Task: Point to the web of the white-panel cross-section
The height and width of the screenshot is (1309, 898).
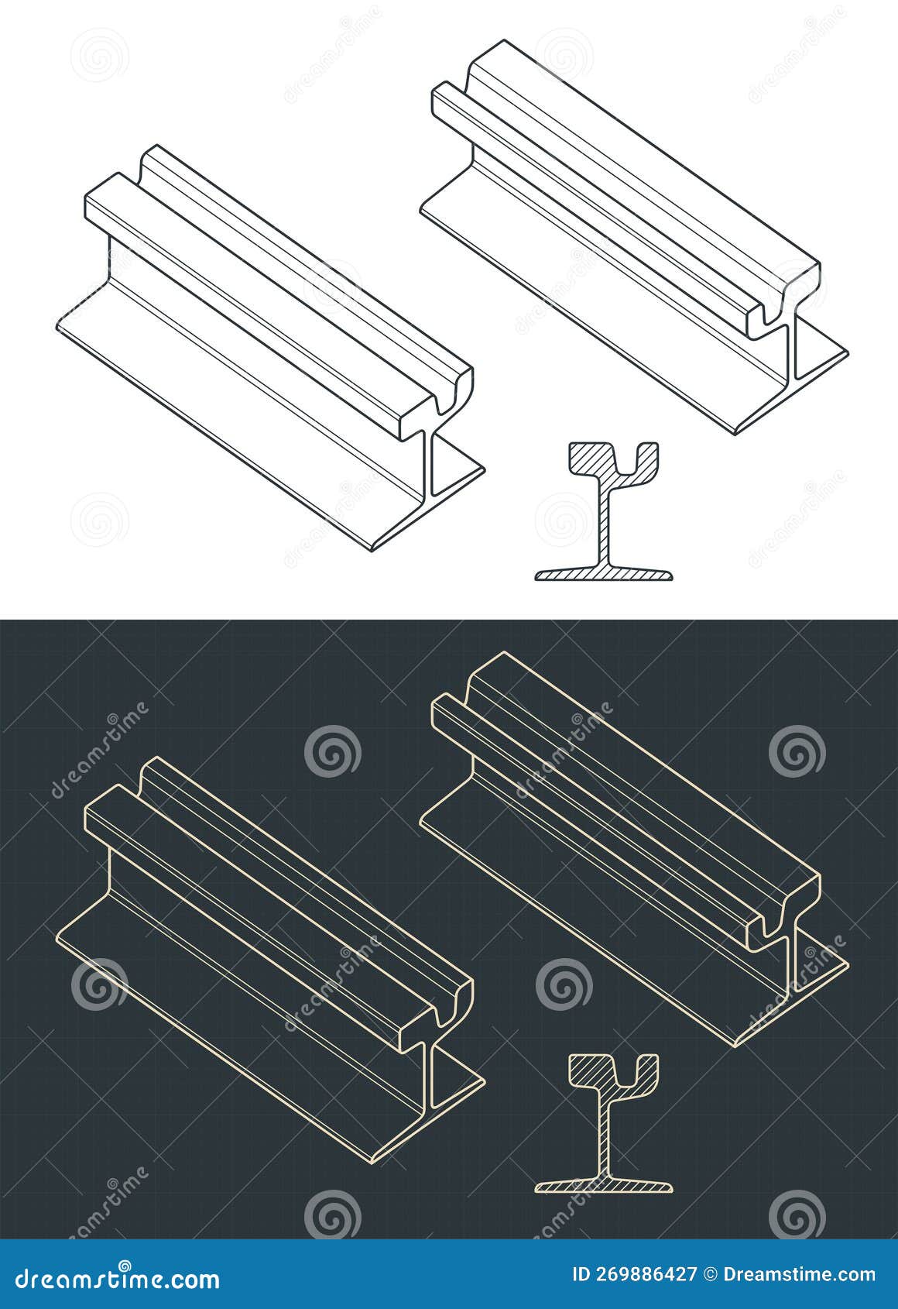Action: (604, 527)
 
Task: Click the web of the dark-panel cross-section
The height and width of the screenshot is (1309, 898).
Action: (604, 1139)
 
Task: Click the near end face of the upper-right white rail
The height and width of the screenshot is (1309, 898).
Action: (786, 310)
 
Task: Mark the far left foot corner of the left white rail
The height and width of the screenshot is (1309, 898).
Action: (59, 329)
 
